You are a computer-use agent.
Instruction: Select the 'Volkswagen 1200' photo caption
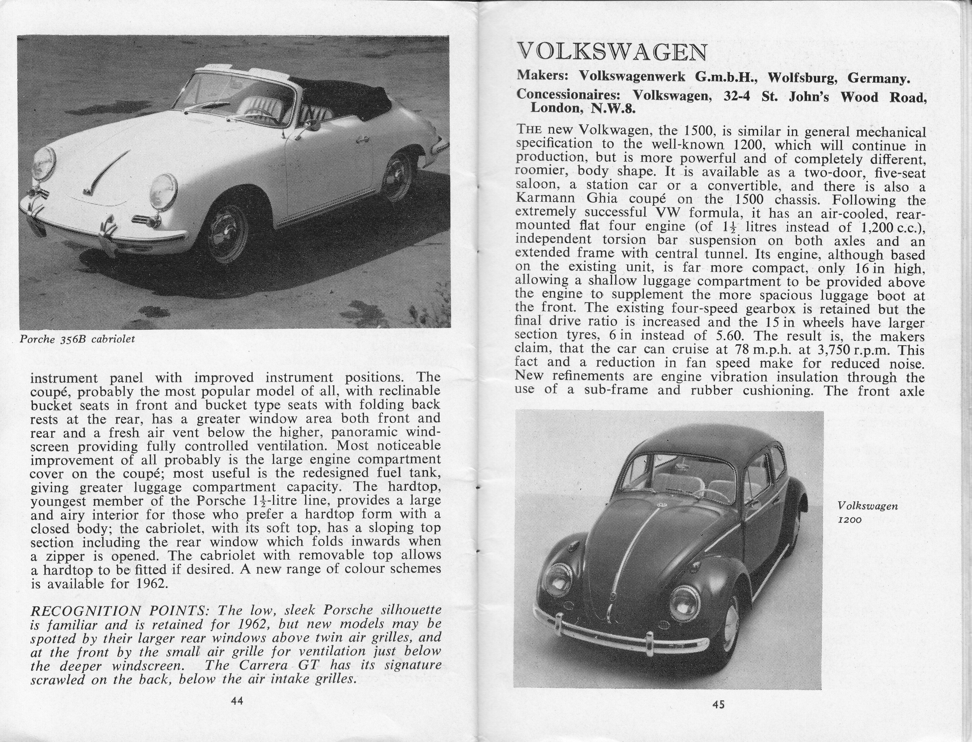pos(867,512)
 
